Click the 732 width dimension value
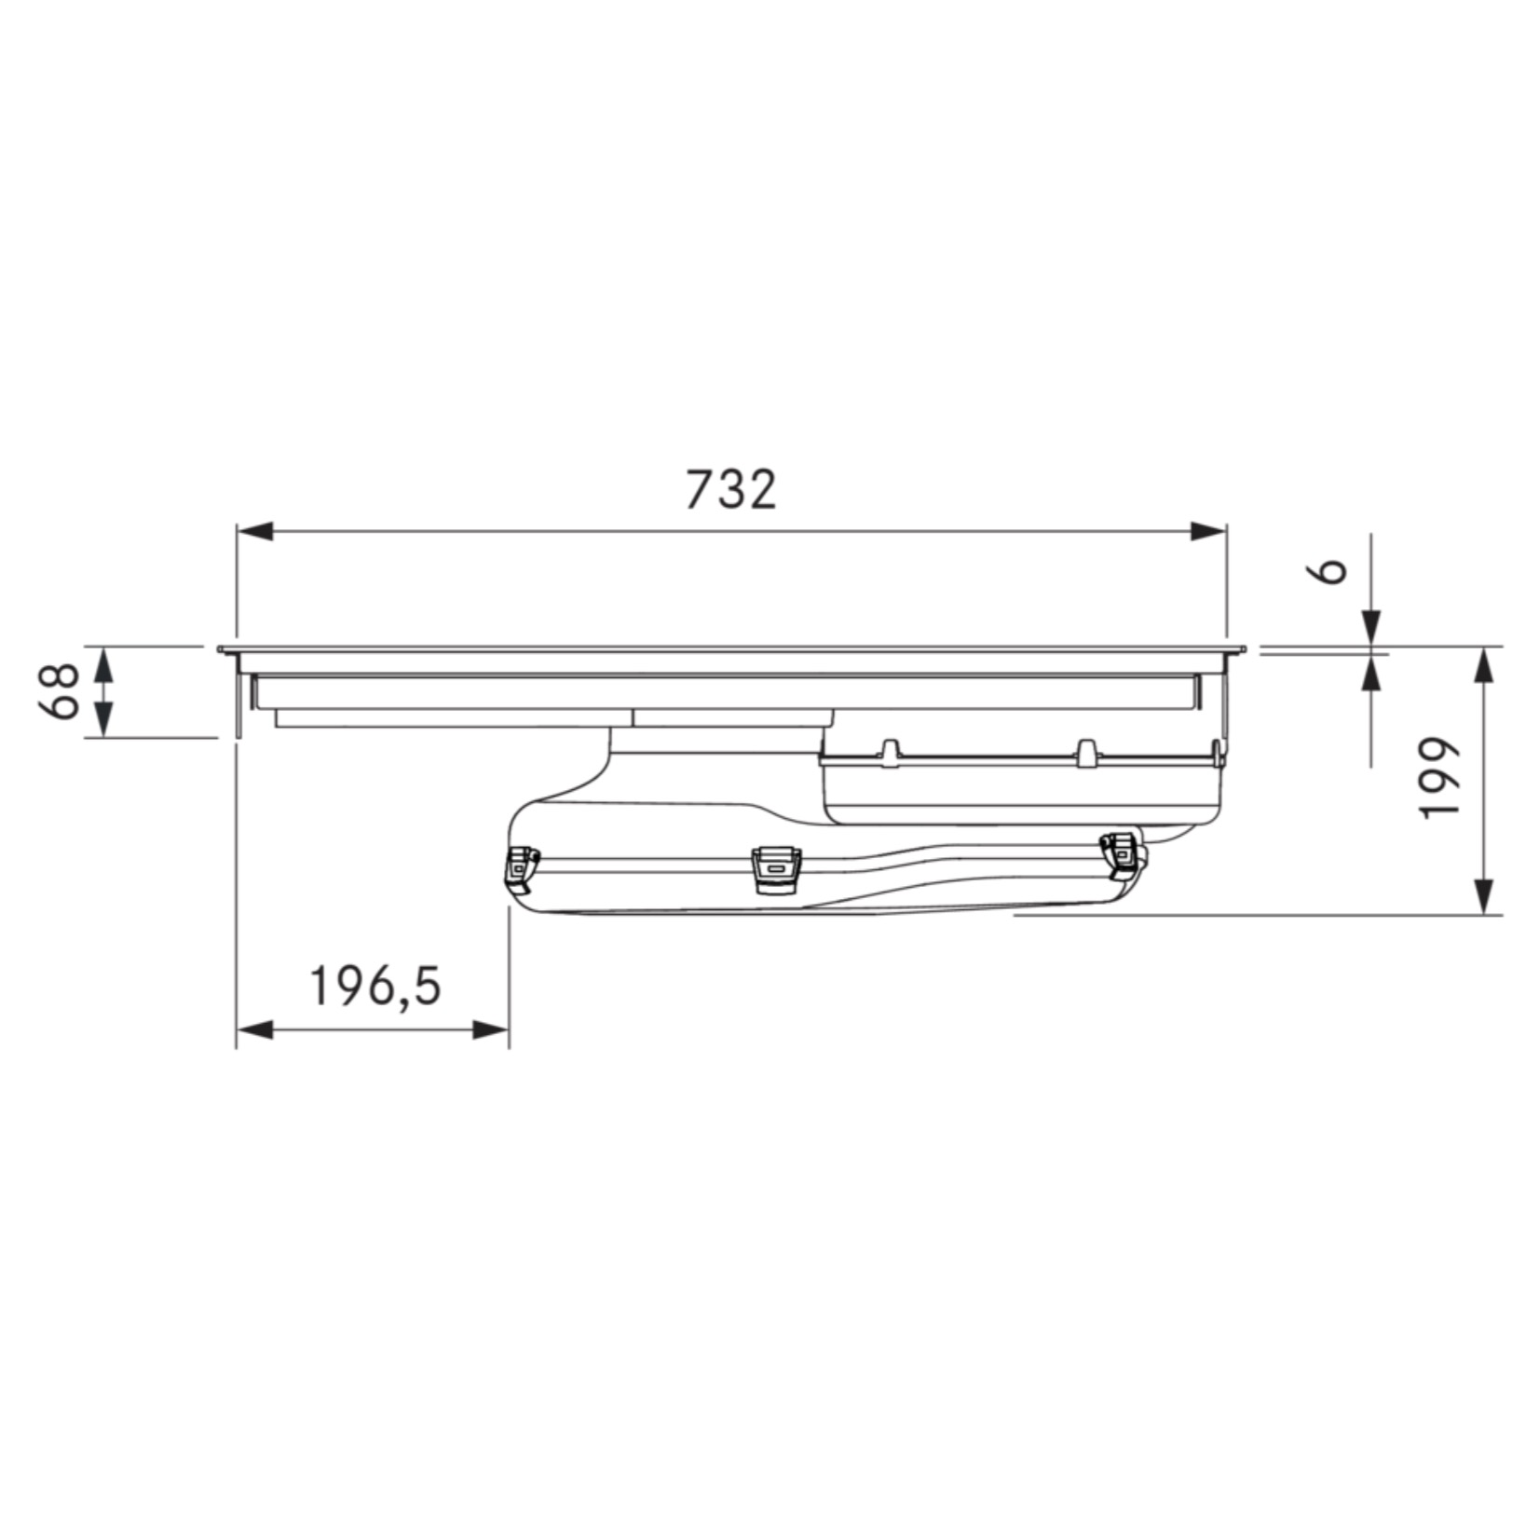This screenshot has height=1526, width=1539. coord(730,490)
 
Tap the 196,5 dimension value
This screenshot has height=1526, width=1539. coord(375,987)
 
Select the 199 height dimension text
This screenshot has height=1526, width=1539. coord(1437,778)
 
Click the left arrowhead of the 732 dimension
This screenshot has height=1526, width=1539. coord(254,532)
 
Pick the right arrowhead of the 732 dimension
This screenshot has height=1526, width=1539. coord(1208,532)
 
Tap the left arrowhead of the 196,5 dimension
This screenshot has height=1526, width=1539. coord(254,1030)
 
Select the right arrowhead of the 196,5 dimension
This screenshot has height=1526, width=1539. coord(491,1030)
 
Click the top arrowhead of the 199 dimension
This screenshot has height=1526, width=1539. coord(1486,665)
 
